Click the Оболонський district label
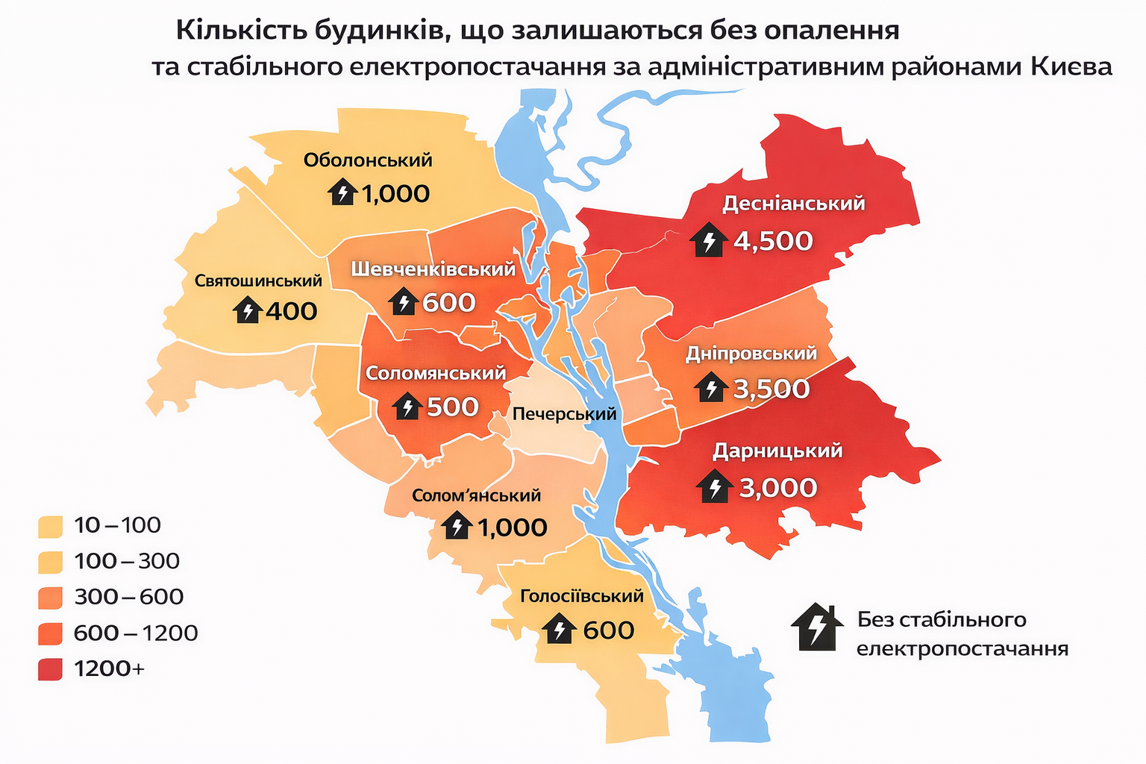368,160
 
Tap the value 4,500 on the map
773,241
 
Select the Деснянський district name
794,203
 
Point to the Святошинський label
258,281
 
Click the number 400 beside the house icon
291,311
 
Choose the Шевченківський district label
433,269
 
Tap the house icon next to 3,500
711,389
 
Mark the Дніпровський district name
751,353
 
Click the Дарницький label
777,451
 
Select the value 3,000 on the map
778,488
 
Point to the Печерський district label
564,414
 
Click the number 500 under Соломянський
452,407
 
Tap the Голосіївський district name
581,595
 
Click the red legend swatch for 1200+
50,668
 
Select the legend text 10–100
117,525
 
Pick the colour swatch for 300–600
50,598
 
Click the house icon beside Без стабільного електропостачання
817,627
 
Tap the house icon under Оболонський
342,193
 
